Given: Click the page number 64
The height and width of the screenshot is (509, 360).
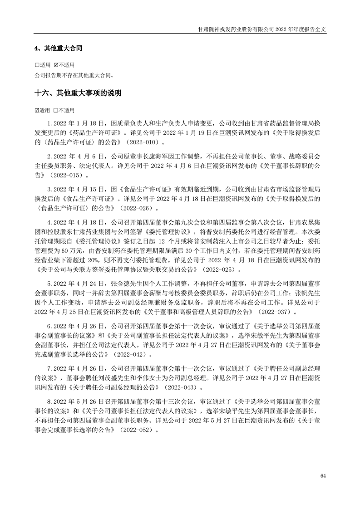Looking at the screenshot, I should click(x=323, y=475).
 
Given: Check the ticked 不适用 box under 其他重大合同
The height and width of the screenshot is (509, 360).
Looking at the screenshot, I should click(x=56, y=64).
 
